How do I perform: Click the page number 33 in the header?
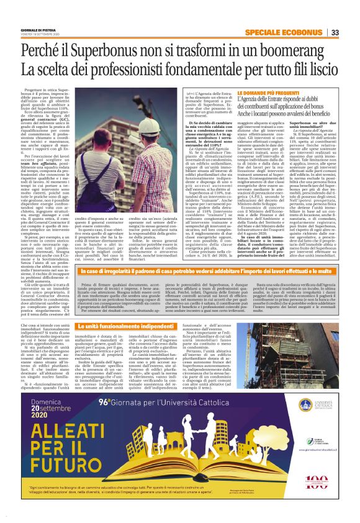tap(333, 32)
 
